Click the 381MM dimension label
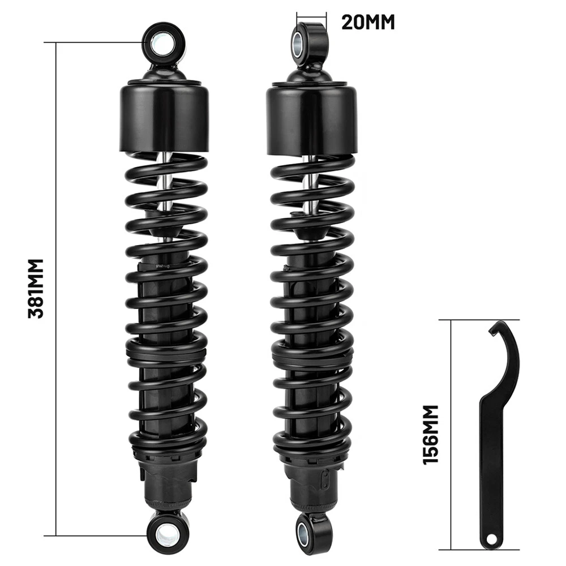click(36, 289)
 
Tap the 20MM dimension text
click(368, 23)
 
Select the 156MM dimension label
click(431, 435)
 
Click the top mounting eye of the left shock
click(164, 44)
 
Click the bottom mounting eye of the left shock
click(167, 534)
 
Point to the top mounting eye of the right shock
click(310, 44)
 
